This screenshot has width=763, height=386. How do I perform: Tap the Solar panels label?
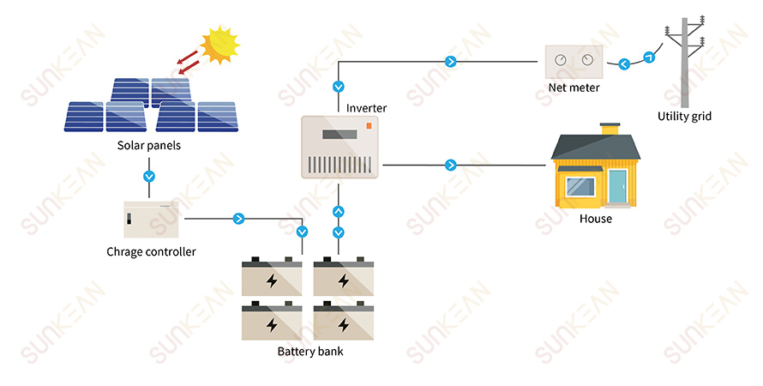149,146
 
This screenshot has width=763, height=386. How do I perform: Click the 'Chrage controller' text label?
151,252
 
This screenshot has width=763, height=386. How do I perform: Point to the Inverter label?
366,108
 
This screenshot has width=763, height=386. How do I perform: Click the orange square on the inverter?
369,126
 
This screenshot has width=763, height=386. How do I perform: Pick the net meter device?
574,61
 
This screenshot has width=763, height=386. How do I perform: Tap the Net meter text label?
574,87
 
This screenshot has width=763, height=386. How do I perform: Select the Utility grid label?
684,117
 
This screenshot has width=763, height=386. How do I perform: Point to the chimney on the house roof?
610,130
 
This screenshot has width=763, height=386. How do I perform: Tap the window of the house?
581,185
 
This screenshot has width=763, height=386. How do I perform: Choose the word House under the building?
595,219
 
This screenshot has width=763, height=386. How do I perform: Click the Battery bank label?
310,352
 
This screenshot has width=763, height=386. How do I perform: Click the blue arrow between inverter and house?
450,165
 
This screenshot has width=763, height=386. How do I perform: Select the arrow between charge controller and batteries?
238,219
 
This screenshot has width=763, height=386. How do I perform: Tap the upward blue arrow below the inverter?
338,212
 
